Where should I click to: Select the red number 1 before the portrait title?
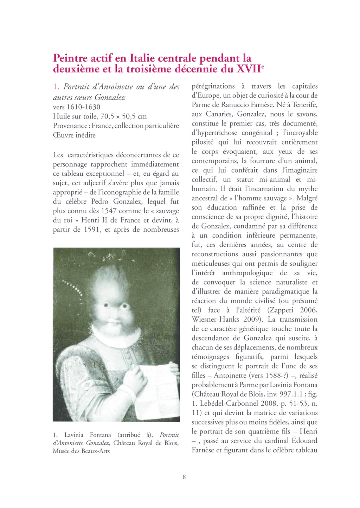coord(55,87)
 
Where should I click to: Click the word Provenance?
coord(70,126)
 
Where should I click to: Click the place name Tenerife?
coord(304,105)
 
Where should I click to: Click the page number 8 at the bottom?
coord(184,477)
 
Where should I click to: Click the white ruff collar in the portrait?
coord(120,336)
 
